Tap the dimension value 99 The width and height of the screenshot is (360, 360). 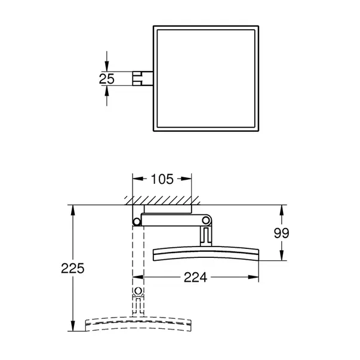tap(282, 233)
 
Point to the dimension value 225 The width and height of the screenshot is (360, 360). tap(73, 268)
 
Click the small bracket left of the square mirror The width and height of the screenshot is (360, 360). tap(143, 78)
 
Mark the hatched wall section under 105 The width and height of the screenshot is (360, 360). tap(161, 198)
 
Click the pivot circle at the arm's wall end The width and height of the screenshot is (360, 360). tap(137, 221)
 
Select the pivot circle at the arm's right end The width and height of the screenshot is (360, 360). tap(207, 220)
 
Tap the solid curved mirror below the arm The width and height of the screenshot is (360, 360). tap(207, 253)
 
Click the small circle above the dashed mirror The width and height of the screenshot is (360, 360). tap(139, 292)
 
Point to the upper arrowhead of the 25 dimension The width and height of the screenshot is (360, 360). tap(106, 67)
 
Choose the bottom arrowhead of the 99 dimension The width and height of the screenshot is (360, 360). tap(282, 257)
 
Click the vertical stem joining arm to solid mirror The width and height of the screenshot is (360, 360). tap(207, 236)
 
